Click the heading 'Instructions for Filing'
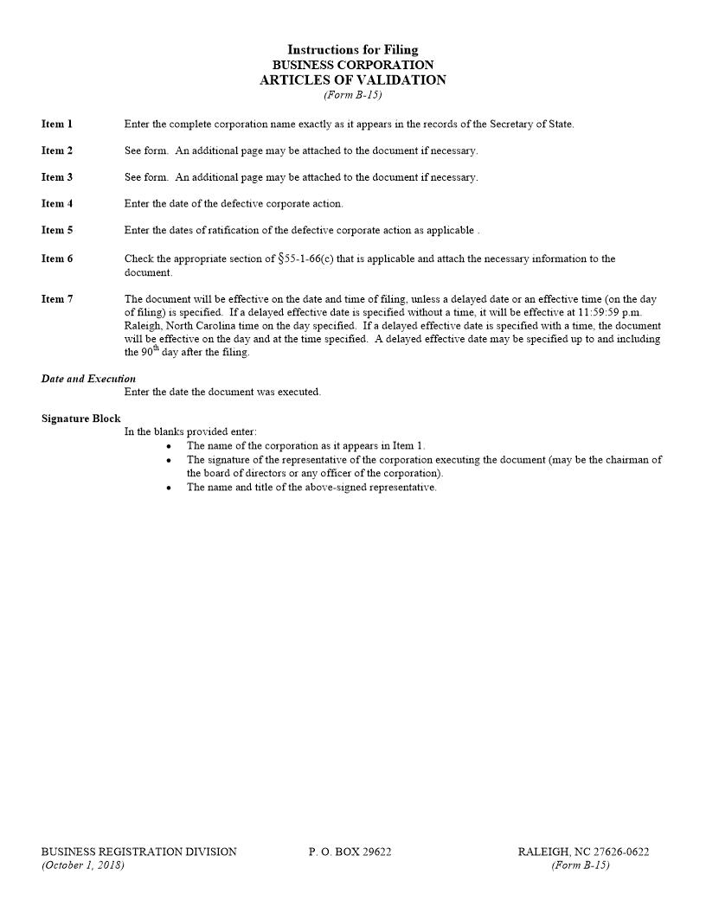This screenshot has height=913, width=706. click(x=352, y=50)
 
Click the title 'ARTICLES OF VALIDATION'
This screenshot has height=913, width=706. click(x=352, y=80)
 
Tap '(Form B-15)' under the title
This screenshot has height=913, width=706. click(x=352, y=95)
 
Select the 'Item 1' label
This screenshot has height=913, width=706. click(x=57, y=124)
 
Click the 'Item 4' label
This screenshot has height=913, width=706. click(x=57, y=204)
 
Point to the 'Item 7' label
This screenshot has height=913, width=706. click(x=57, y=299)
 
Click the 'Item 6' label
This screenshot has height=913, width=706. click(x=57, y=259)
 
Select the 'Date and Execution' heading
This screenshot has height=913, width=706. click(x=88, y=379)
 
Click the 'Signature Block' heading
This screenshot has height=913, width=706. click(x=80, y=418)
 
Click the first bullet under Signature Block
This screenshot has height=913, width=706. click(x=169, y=446)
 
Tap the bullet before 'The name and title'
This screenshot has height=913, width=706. click(x=169, y=488)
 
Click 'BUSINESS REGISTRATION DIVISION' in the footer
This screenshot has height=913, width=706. click(x=138, y=852)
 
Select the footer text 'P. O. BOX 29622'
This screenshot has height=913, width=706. click(x=350, y=852)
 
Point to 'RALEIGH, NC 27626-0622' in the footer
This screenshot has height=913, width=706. click(x=583, y=852)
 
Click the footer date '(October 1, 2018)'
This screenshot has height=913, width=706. click(x=82, y=865)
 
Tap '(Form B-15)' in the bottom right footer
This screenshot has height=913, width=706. click(x=580, y=865)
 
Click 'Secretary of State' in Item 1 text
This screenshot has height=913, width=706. click(x=530, y=124)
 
